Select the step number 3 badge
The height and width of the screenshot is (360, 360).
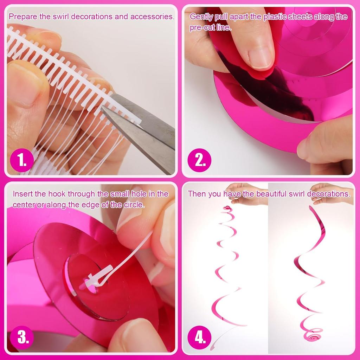[x=22, y=337]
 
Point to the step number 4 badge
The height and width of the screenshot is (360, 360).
[x=200, y=337]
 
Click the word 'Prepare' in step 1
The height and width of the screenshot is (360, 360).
[x=21, y=17]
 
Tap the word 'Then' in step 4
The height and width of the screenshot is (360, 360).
[x=195, y=194]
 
